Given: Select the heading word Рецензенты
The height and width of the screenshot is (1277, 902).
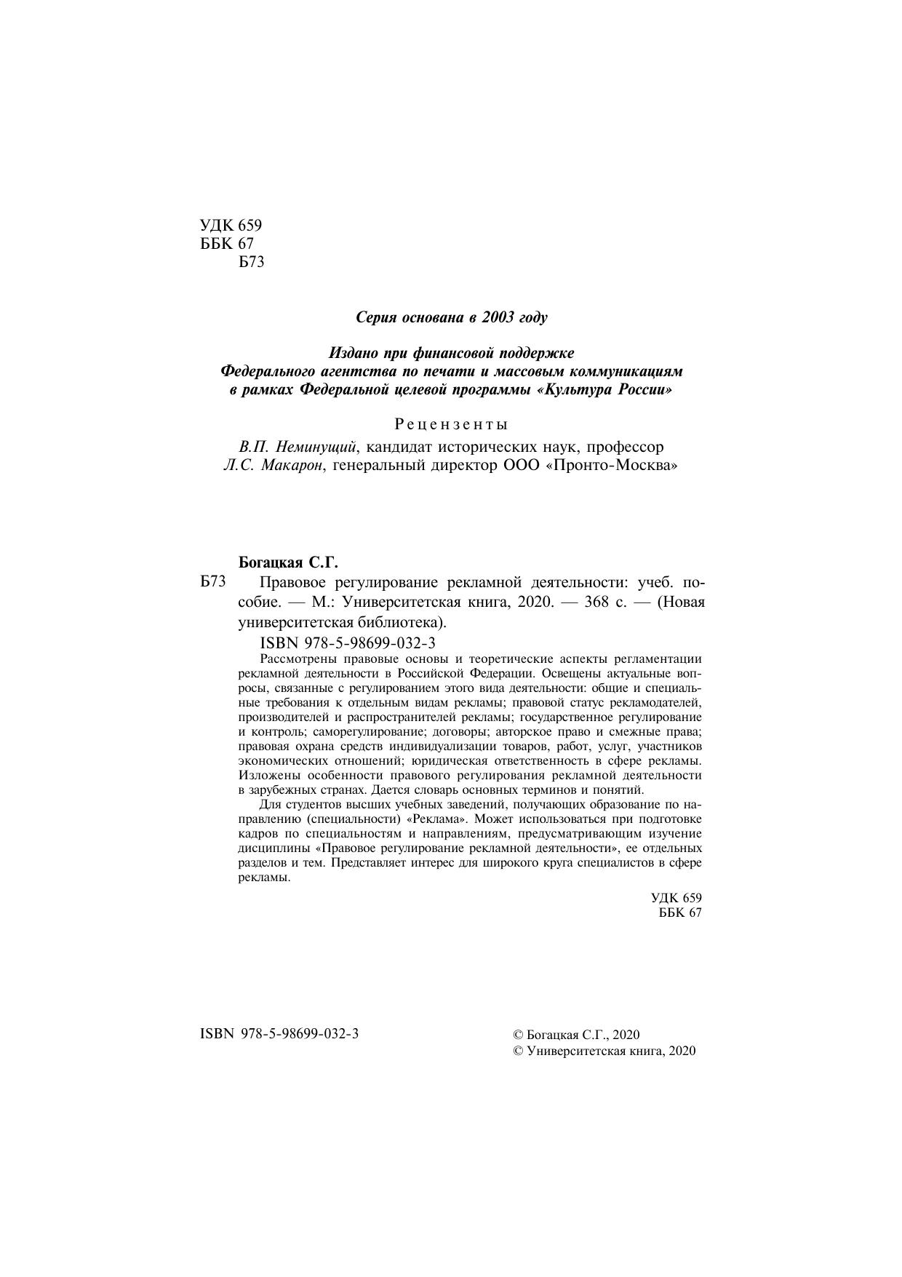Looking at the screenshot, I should pyautogui.click(x=451, y=423).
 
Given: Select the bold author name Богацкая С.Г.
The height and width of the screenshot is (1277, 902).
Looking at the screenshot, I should pyautogui.click(x=290, y=562).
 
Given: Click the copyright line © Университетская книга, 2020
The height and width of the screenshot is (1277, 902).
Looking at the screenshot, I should pyautogui.click(x=604, y=1051).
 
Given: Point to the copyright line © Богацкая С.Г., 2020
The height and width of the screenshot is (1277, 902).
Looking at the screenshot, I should pyautogui.click(x=575, y=1035).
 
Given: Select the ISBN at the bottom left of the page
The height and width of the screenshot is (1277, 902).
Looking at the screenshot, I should pyautogui.click(x=279, y=1034).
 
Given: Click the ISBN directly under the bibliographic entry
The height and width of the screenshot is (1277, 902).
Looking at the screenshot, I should pyautogui.click(x=347, y=643).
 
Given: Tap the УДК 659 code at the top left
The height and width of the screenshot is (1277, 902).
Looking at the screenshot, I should pyautogui.click(x=230, y=226).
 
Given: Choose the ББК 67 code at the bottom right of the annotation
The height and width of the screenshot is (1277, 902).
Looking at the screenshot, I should pyautogui.click(x=680, y=913).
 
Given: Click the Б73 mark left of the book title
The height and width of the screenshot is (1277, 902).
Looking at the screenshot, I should pyautogui.click(x=213, y=582).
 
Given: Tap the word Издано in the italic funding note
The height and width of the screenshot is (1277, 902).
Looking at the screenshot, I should pyautogui.click(x=354, y=353).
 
